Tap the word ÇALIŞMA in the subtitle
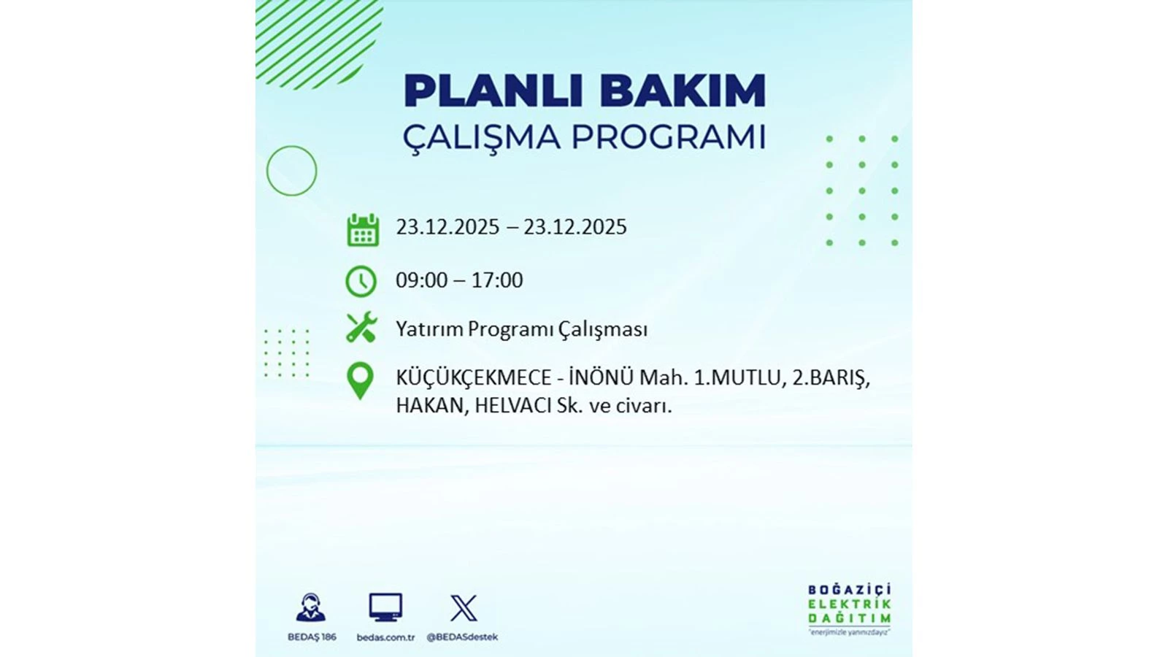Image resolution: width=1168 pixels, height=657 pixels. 481,137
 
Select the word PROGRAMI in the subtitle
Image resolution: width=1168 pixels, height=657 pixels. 668,137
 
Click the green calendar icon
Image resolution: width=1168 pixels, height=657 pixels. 362,230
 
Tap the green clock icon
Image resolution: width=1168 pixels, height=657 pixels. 361,281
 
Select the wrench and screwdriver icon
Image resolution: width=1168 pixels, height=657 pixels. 361,328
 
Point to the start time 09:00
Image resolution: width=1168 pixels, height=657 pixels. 421,280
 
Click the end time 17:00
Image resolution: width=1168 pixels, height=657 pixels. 497,280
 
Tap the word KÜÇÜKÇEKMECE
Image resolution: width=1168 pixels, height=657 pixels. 473,378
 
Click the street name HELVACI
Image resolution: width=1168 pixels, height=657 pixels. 512,405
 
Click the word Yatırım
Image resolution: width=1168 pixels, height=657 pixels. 429,329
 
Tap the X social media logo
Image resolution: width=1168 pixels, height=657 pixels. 463,608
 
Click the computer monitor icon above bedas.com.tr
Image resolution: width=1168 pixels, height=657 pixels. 385,607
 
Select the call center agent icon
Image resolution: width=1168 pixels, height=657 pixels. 311,607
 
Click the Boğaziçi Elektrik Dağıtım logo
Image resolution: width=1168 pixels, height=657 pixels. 849,608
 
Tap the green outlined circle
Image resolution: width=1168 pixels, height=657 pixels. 291,171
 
